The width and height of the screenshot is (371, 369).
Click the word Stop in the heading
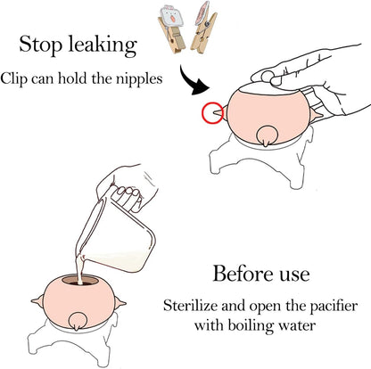coord(41,45)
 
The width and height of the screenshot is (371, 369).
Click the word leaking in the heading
coord(103,45)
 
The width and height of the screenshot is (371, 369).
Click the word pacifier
coord(334,307)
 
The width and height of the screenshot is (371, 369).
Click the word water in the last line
coord(297,325)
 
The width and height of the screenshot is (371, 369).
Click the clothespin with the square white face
coord(171,28)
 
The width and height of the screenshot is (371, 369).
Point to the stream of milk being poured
coord(80,270)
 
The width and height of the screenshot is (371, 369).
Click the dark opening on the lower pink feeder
coord(81,281)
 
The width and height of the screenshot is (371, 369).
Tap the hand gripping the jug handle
coord(128,187)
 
